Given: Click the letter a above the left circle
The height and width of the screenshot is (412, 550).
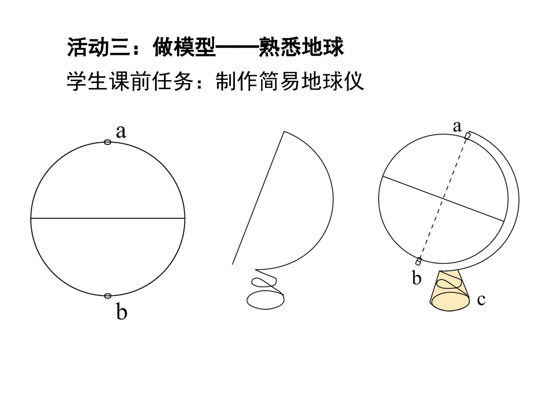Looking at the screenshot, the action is [121, 132].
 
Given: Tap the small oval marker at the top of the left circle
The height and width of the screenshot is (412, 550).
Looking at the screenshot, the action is [107, 142].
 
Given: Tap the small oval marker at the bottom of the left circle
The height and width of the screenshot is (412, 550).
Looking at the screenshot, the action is [107, 296].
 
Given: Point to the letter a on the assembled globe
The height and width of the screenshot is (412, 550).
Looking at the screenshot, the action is [457, 126].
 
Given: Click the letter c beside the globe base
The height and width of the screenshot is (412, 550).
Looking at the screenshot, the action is [481, 299].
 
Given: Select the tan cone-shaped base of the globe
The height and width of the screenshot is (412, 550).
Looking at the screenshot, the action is [450, 291].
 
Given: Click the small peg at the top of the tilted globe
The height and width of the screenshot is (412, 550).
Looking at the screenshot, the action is [467, 136].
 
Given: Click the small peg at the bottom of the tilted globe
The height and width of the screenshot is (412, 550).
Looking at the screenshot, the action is [419, 262].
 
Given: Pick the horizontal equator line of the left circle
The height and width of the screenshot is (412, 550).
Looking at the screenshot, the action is [108, 218].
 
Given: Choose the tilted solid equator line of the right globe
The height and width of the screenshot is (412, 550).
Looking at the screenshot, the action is [443, 199].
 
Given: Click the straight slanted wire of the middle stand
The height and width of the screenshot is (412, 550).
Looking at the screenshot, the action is [258, 198].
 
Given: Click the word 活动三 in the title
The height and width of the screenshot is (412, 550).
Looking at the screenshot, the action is [99, 47].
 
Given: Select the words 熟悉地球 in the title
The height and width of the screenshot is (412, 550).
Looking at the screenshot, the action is [301, 47].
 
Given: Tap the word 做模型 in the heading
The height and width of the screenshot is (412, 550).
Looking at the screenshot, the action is [184, 47].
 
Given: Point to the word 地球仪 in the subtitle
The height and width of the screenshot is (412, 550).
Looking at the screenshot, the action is [332, 81].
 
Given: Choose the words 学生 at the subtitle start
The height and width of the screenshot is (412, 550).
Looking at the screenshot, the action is [87, 81].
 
